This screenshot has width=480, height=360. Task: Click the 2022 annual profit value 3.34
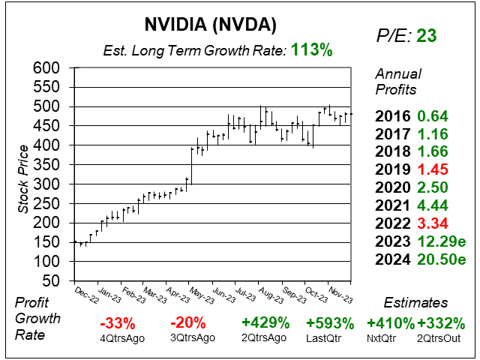coord(433,221)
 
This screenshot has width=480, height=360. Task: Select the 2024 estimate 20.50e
coord(442,259)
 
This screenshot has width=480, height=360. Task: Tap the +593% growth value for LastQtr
coord(330,324)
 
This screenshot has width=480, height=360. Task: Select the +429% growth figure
coord(265,324)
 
